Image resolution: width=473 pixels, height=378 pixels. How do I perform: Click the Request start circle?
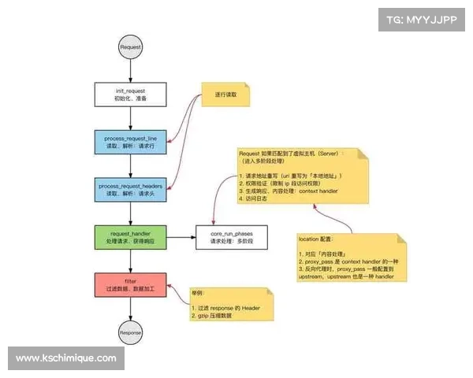click(130, 47)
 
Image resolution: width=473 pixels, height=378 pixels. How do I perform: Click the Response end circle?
click(130, 333)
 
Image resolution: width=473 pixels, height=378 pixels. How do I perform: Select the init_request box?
click(130, 95)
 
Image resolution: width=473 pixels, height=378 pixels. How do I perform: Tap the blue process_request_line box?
click(130, 143)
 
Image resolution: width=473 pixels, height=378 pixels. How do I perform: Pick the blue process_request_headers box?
click(130, 189)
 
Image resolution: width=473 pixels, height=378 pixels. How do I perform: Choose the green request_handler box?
click(130, 235)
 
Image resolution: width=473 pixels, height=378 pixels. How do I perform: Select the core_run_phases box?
click(231, 235)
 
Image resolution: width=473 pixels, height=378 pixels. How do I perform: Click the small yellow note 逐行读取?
click(225, 95)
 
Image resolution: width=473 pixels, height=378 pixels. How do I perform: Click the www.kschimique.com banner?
click(66, 358)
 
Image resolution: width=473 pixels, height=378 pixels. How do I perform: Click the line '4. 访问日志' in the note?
click(254, 199)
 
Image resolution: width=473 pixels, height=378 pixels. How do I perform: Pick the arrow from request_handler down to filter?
click(130, 258)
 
